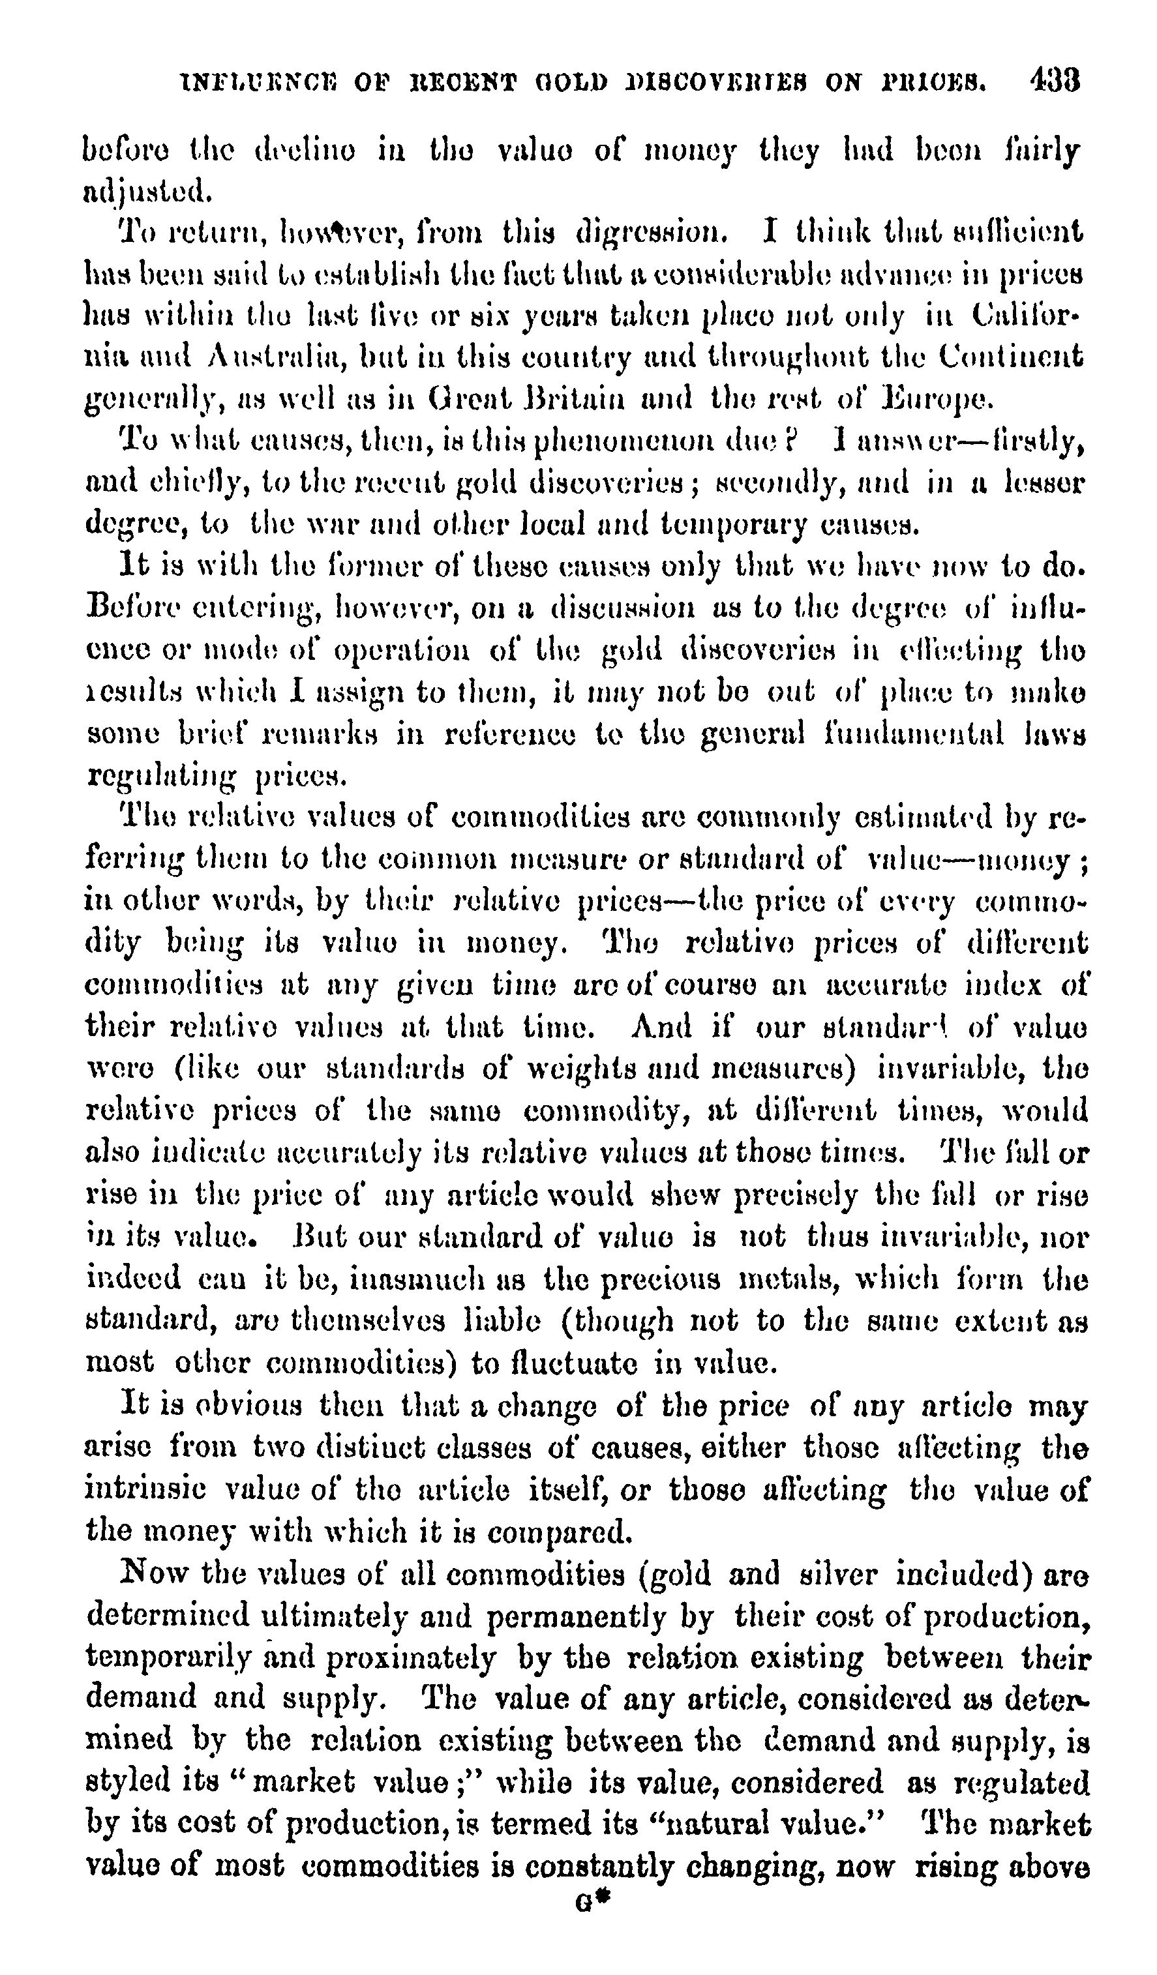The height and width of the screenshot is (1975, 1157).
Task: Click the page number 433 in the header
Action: pyautogui.click(x=1056, y=80)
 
